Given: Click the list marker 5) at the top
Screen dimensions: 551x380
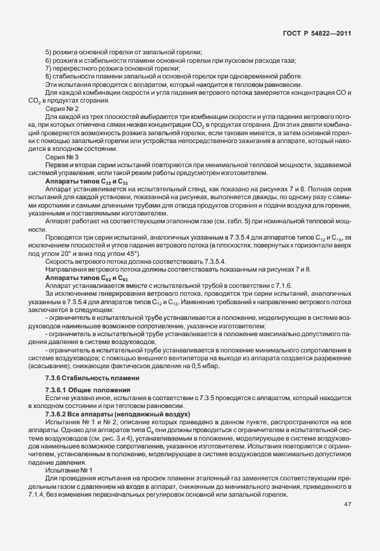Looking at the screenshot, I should (49, 53).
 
